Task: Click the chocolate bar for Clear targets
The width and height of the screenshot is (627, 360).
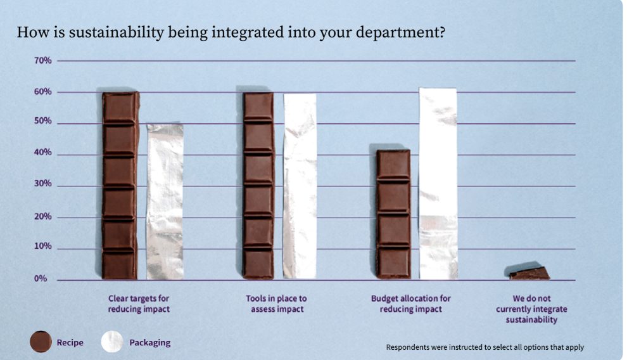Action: pyautogui.click(x=120, y=186)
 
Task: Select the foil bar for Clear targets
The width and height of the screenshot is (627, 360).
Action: pyautogui.click(x=165, y=202)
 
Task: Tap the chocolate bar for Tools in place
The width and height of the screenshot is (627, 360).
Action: pyautogui.click(x=258, y=186)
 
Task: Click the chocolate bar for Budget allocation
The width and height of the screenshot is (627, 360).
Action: pyautogui.click(x=393, y=214)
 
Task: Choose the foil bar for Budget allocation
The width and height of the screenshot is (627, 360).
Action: pyautogui.click(x=438, y=184)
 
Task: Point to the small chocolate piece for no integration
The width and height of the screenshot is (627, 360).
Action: pyautogui.click(x=529, y=273)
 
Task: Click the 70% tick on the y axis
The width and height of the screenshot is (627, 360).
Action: pyautogui.click(x=43, y=61)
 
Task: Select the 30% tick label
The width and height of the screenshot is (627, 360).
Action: pyautogui.click(x=43, y=184)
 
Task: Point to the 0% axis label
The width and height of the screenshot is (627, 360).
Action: pyautogui.click(x=41, y=279)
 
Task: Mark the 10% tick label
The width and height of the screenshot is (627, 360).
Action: pyautogui.click(x=43, y=247)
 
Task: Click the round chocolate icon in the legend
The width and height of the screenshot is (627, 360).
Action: pyautogui.click(x=41, y=342)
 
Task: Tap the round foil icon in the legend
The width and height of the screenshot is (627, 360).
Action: pyautogui.click(x=111, y=342)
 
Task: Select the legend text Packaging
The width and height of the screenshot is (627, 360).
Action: pyautogui.click(x=150, y=343)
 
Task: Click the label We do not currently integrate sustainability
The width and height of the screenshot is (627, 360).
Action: pyautogui.click(x=531, y=309)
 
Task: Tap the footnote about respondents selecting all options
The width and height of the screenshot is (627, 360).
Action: pyautogui.click(x=485, y=347)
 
